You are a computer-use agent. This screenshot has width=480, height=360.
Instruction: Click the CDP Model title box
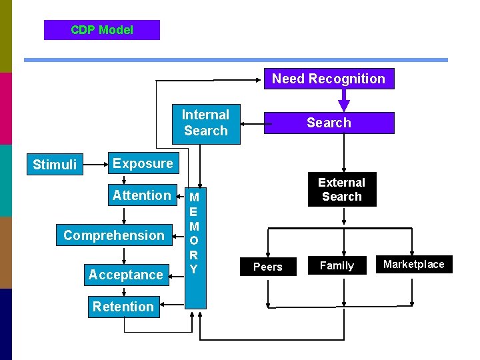click(102, 30)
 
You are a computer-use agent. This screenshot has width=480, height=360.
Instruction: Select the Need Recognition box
click(329, 79)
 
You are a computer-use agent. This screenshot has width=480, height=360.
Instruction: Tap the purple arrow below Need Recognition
click(344, 101)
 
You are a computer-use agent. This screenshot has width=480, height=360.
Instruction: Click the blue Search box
click(329, 123)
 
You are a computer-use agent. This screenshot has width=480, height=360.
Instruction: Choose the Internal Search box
click(205, 123)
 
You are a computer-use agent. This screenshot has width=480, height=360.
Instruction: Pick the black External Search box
click(341, 189)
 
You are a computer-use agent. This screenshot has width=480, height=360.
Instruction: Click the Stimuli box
click(55, 165)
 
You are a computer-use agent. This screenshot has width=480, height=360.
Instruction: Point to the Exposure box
click(142, 163)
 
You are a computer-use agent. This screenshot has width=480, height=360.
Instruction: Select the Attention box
click(141, 195)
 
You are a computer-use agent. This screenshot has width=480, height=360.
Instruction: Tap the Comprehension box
click(114, 235)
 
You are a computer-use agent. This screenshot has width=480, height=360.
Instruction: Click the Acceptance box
click(126, 275)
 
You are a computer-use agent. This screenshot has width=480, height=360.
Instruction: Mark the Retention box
click(123, 307)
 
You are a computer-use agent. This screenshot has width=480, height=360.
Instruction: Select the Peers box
click(268, 267)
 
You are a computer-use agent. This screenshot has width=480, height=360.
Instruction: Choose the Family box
click(337, 265)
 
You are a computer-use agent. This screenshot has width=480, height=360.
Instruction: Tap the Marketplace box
click(413, 264)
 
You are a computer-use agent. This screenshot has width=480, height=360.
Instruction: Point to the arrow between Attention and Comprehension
click(125, 215)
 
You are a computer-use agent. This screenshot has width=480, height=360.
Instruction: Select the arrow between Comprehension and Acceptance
click(125, 255)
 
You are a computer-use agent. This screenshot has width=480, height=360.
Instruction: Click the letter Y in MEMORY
click(194, 269)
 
